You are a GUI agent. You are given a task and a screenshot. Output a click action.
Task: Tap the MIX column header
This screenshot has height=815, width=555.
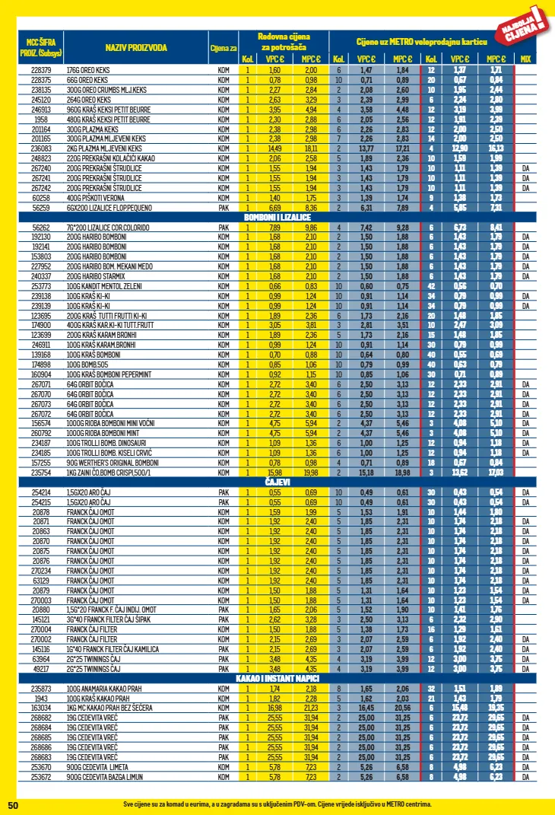(x=525, y=59)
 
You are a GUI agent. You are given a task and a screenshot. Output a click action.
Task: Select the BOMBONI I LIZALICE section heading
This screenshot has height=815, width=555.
(x=278, y=218)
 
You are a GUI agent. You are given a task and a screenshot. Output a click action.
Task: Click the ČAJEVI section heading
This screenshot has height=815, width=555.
(x=277, y=481)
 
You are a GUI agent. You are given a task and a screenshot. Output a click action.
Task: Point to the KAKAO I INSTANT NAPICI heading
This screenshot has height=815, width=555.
(x=277, y=678)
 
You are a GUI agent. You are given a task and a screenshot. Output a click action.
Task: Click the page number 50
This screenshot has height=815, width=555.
(x=13, y=804)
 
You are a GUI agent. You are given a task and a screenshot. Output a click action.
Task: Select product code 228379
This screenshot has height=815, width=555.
(x=40, y=70)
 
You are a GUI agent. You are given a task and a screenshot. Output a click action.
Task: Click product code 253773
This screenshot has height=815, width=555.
(x=40, y=286)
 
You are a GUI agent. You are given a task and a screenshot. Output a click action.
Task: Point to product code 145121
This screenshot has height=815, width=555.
(x=40, y=619)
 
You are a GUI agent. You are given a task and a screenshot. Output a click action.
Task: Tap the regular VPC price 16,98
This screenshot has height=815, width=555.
(x=272, y=708)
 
